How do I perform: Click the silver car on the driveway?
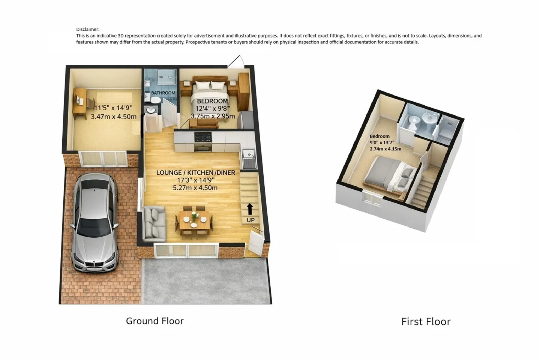pyautogui.click(x=94, y=222)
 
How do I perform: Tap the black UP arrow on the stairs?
pyautogui.click(x=250, y=209)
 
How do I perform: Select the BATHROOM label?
pyautogui.click(x=163, y=93)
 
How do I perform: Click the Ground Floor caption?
pyautogui.click(x=155, y=321)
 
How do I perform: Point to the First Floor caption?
pyautogui.click(x=426, y=322)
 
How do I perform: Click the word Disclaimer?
pyautogui.click(x=88, y=29)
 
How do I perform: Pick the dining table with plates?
pyautogui.click(x=194, y=220)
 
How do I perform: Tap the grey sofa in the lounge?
pyautogui.click(x=154, y=224)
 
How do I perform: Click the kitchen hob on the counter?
pyautogui.click(x=203, y=137)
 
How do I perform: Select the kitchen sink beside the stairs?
pyautogui.click(x=249, y=159)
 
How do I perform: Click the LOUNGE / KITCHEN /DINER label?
pyautogui.click(x=195, y=172)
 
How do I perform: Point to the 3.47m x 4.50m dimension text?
pyautogui.click(x=114, y=117)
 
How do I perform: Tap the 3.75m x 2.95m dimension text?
pyautogui.click(x=213, y=116)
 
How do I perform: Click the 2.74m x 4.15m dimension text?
pyautogui.click(x=385, y=149)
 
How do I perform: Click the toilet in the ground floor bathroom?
pyautogui.click(x=154, y=99)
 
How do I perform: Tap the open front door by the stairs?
pyautogui.click(x=255, y=243)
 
